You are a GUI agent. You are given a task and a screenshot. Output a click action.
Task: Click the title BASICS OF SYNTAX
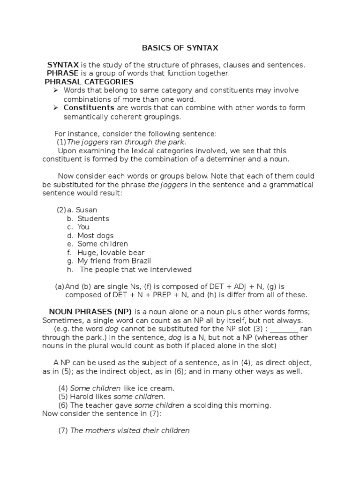pos(180,48)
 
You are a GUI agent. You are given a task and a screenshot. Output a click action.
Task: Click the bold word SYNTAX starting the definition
pos(63,65)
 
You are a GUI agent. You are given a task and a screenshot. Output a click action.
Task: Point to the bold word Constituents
pos(89,107)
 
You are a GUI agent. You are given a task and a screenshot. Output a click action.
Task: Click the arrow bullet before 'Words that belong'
pos(55,90)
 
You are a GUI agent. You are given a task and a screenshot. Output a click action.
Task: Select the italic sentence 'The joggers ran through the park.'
pos(127,142)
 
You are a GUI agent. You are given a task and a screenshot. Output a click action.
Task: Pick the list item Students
pos(93,218)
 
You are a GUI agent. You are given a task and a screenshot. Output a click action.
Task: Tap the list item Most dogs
pos(95,235)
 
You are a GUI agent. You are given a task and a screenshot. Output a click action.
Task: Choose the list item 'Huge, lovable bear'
pos(111,252)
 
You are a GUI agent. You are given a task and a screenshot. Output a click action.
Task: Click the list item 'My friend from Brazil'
pos(114,261)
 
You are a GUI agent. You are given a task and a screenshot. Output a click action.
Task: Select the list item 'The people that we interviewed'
pos(135,269)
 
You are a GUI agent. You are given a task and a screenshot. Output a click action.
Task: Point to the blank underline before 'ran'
pos(284,329)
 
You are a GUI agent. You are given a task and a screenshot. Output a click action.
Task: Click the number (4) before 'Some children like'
pos(63,388)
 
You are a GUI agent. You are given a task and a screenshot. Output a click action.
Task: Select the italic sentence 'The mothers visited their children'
pos(130,430)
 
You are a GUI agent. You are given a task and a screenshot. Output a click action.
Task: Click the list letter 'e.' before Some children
pos(70,244)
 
